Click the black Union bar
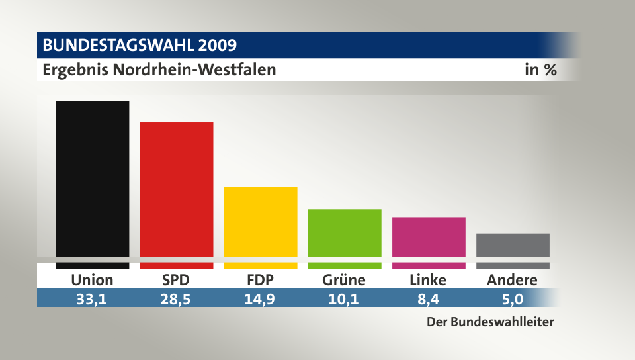click(92, 179)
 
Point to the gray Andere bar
click(513, 245)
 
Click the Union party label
click(92, 280)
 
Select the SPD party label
click(177, 280)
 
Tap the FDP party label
click(261, 280)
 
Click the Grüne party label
click(344, 280)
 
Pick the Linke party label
click(428, 280)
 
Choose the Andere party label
click(512, 280)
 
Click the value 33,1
click(92, 299)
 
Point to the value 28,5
click(177, 299)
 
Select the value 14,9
click(261, 299)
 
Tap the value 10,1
click(344, 299)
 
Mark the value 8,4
click(428, 299)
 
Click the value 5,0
click(512, 299)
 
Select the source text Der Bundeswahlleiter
click(489, 323)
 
